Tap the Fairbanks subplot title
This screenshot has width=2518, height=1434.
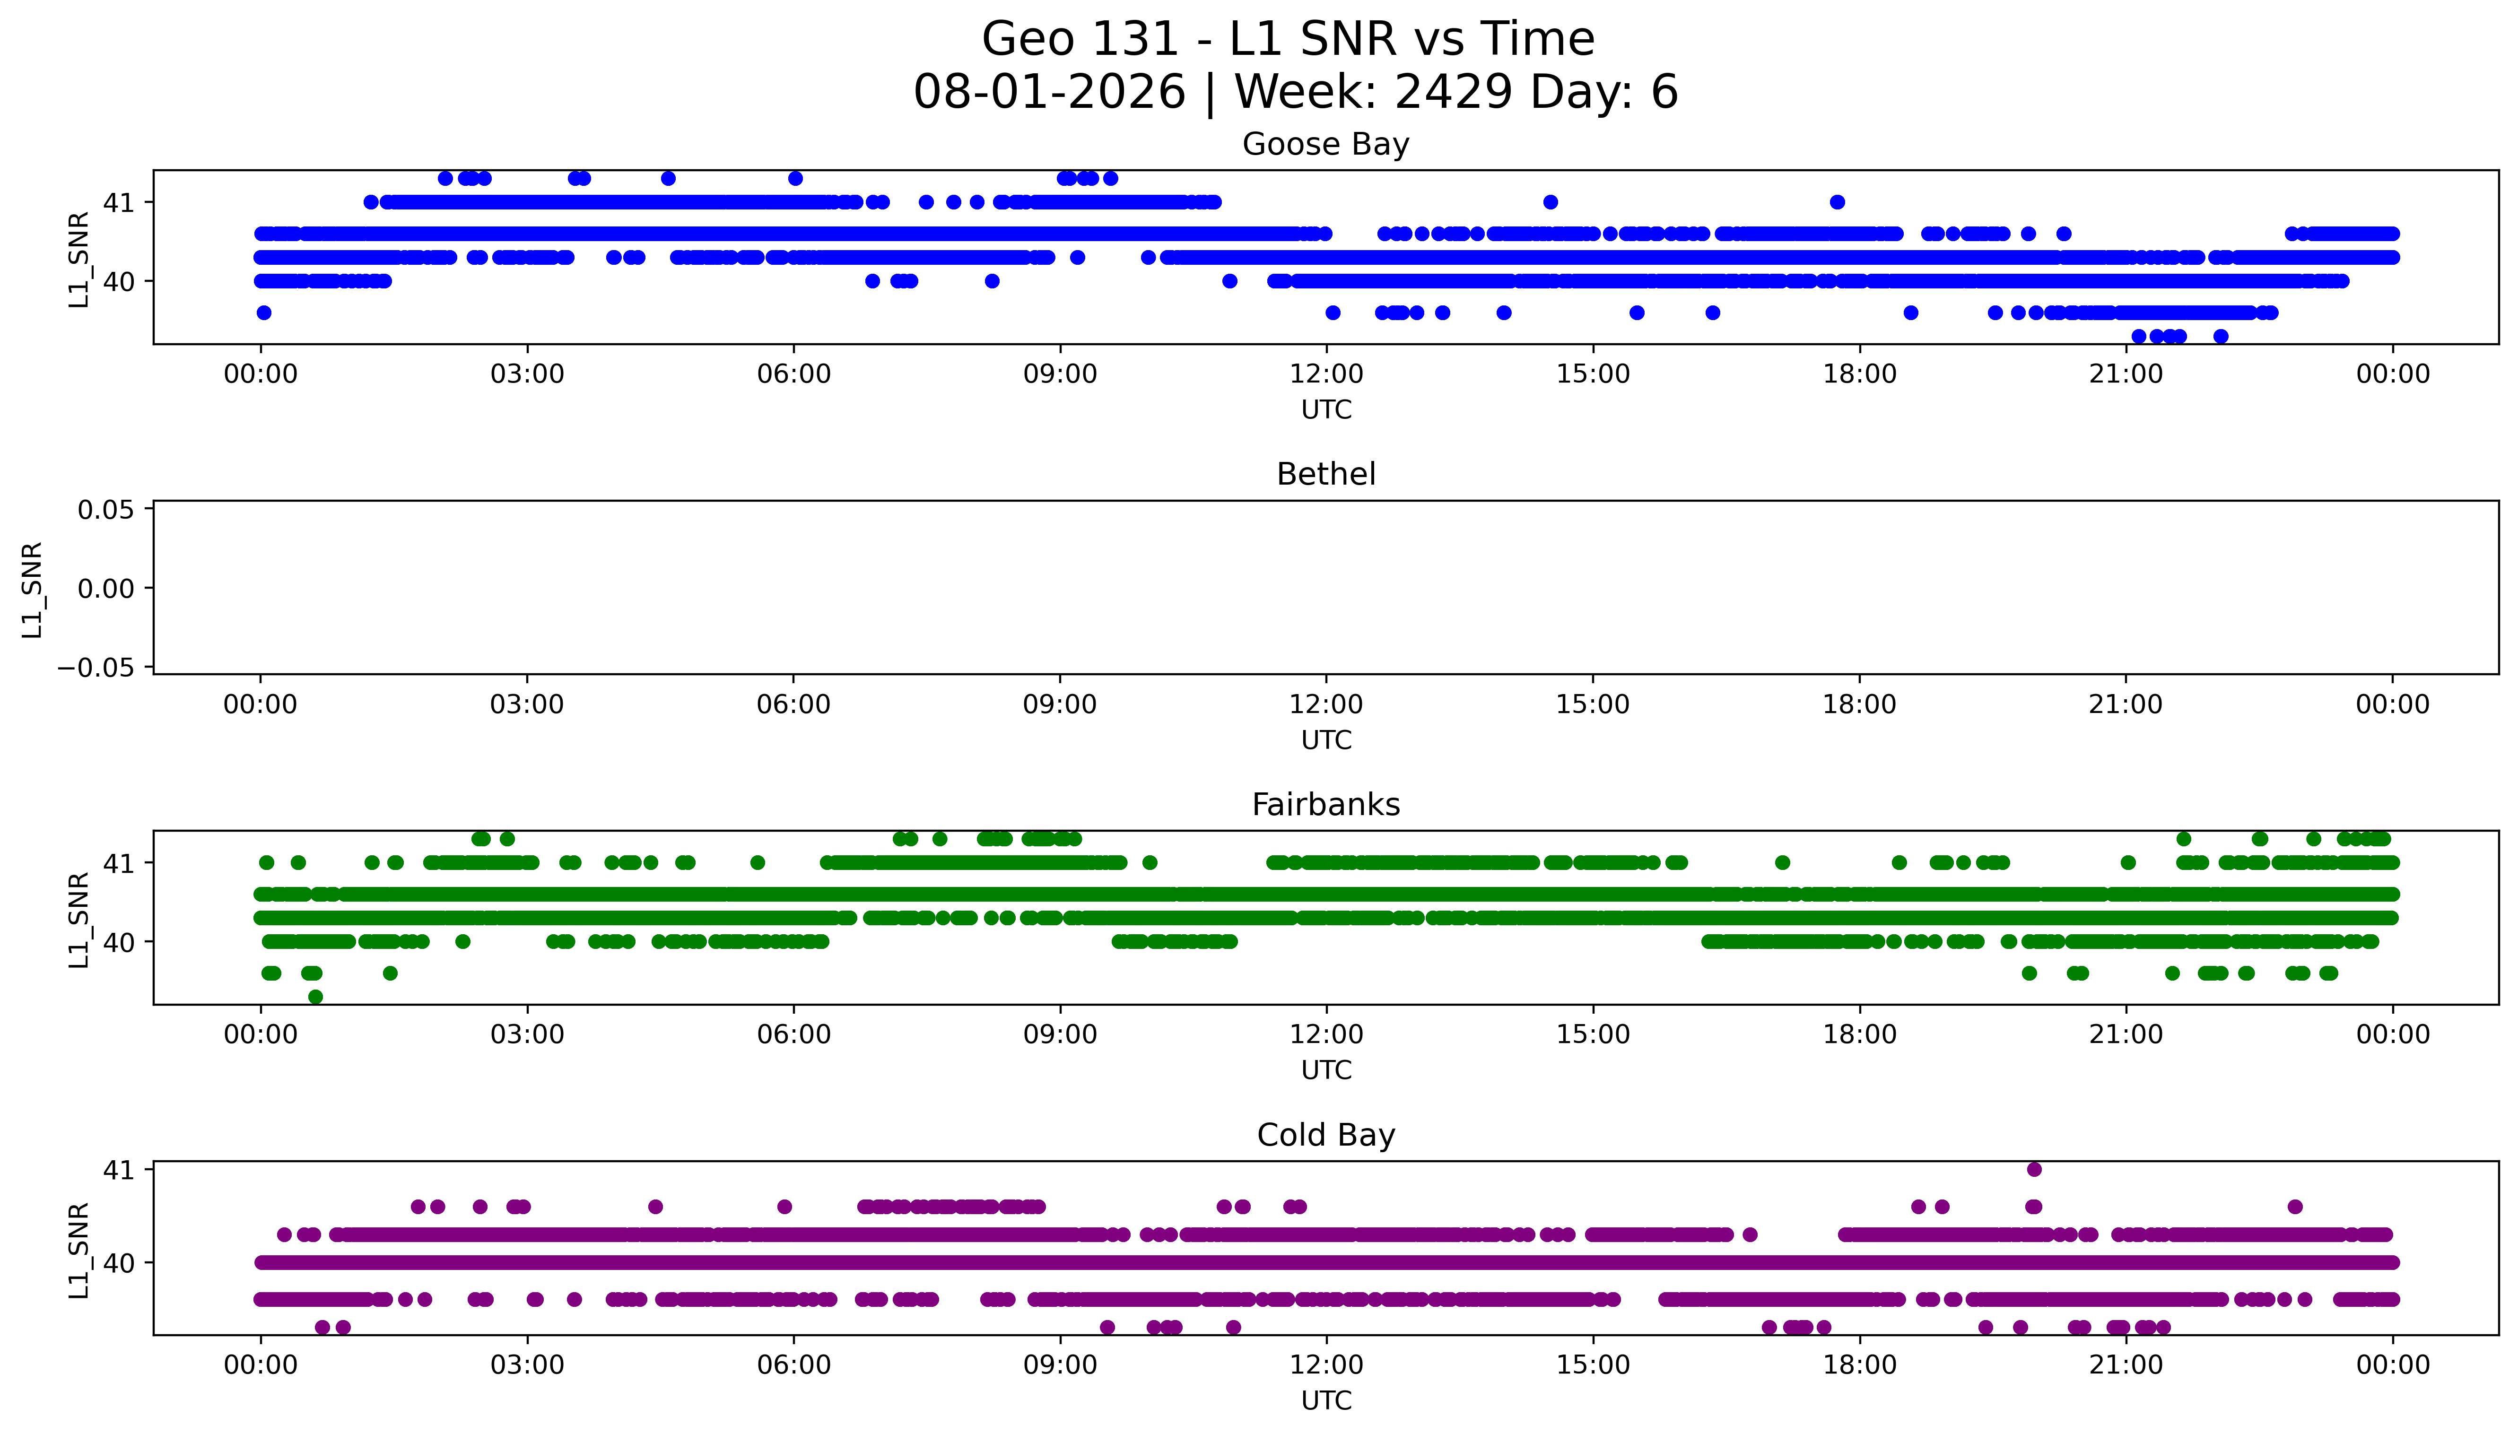[x=1325, y=805]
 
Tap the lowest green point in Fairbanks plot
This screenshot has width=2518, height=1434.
[x=315, y=997]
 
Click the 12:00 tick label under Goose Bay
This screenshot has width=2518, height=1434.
[x=1326, y=374]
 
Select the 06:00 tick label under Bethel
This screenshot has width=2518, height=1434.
[x=794, y=704]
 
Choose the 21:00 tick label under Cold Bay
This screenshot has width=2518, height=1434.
[x=2126, y=1365]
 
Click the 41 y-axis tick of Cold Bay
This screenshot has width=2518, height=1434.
[x=118, y=1169]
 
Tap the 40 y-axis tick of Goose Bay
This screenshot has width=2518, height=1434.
[x=118, y=281]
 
